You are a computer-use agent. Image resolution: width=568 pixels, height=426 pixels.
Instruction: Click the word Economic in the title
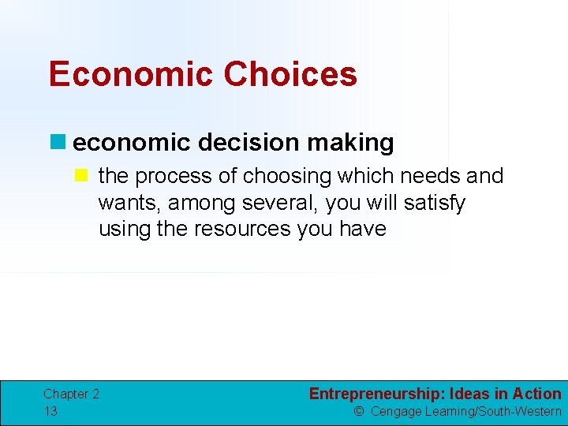[130, 74]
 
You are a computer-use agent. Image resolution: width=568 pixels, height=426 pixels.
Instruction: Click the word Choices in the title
[290, 74]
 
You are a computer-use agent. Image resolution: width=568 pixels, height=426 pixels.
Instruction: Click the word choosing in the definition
[277, 176]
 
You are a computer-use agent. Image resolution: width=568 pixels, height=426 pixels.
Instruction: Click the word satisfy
[434, 203]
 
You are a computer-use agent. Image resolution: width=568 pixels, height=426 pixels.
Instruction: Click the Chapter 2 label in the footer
[71, 394]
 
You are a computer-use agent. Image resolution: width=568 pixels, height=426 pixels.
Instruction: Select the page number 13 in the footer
[50, 411]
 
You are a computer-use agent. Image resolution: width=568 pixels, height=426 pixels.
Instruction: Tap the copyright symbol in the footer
[359, 411]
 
